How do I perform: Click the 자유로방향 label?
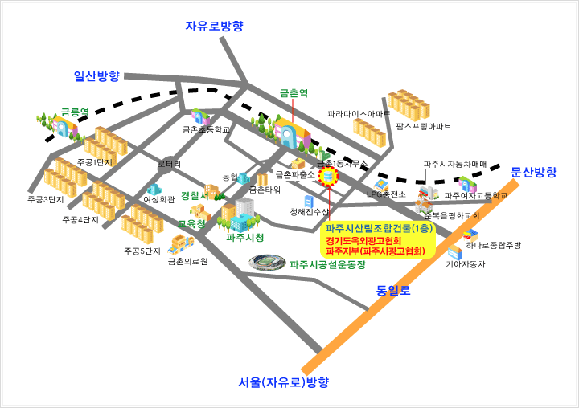pos(214,26)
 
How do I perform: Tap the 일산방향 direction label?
pos(96,76)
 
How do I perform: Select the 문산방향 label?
pos(533,172)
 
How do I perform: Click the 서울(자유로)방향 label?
pos(284,382)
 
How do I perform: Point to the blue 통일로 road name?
pos(393,290)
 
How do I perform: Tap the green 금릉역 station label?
pos(75,113)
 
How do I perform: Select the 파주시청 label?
pos(245,238)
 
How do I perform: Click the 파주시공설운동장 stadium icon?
pos(266,262)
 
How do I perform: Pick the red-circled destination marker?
pos(328,177)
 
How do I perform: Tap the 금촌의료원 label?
pos(188,261)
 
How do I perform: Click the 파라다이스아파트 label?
pos(359,115)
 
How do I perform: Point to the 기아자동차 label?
pos(466,263)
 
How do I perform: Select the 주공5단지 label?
pos(142,251)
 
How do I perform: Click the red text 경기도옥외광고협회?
pos(363,240)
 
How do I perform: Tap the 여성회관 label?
pos(159,199)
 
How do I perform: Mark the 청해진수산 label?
pos(310,211)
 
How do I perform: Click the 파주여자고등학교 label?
pos(476,195)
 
